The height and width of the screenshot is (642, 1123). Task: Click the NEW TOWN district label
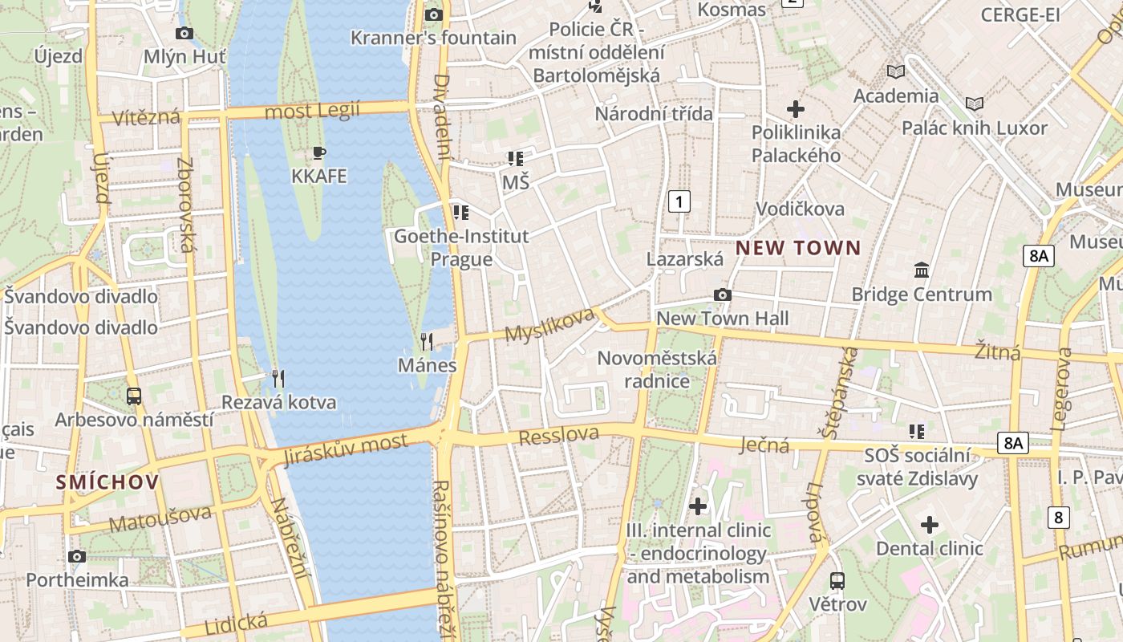[798, 248]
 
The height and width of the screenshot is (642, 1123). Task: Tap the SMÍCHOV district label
[107, 482]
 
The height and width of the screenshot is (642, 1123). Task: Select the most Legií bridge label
[312, 111]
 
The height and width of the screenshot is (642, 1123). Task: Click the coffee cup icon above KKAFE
[319, 152]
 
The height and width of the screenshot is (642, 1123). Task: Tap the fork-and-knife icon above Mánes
[427, 342]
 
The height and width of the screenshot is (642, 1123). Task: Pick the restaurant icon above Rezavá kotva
[278, 378]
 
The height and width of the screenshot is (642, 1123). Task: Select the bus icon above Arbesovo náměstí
[134, 396]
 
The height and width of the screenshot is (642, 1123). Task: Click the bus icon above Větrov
[837, 580]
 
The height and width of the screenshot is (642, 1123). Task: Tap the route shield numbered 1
[679, 201]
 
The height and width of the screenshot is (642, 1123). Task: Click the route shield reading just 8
[1058, 518]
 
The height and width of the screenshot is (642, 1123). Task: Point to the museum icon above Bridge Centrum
[922, 270]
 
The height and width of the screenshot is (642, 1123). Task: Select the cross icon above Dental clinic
[929, 525]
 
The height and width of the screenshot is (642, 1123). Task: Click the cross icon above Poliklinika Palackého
[796, 108]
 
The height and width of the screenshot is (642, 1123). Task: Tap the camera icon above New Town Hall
[722, 295]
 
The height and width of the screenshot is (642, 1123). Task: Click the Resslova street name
[559, 436]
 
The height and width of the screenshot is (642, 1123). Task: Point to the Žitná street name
[997, 351]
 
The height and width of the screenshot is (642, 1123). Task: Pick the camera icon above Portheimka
[77, 556]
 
